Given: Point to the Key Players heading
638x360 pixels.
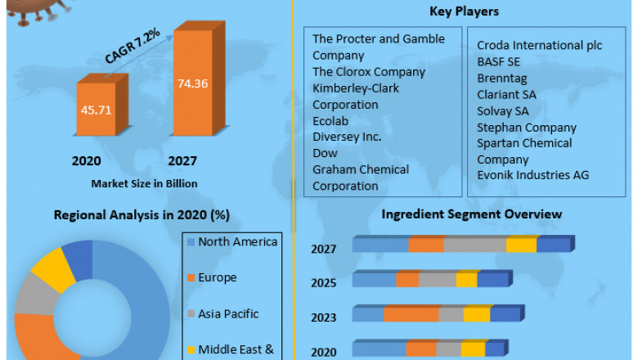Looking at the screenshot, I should click(x=464, y=11).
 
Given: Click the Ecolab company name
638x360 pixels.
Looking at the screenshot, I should click(x=331, y=121).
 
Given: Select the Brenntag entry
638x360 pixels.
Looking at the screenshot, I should click(x=502, y=78).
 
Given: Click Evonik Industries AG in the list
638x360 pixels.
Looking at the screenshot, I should click(x=532, y=174).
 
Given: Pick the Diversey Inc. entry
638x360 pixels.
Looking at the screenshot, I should click(x=347, y=137).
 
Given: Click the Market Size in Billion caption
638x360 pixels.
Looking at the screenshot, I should click(x=144, y=183).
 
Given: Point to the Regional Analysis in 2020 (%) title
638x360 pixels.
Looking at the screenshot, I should click(x=142, y=215).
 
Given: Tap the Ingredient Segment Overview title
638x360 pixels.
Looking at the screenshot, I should click(x=472, y=214).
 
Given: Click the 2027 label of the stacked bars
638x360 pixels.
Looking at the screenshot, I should click(x=323, y=249).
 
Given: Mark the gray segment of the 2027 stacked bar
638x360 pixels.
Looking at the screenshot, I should click(x=474, y=245).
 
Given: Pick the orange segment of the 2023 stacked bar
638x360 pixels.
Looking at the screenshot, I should click(x=411, y=315).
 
